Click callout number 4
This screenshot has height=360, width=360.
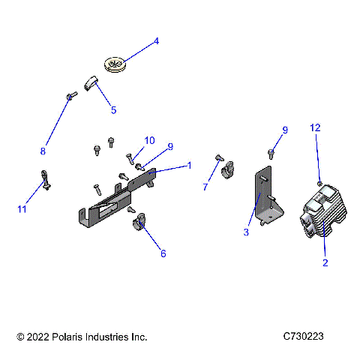[x=157, y=42]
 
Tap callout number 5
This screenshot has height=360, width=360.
[x=113, y=110]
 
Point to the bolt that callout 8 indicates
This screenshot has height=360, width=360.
[x=71, y=96]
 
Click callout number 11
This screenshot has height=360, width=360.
[x=22, y=209]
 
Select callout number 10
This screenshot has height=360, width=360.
[x=150, y=140]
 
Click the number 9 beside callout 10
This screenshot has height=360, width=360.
[x=170, y=146]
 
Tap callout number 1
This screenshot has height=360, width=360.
[x=189, y=165]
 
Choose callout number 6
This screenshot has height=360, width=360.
[x=163, y=253]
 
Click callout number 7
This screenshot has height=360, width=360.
[x=205, y=187]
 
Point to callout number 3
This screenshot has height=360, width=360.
[x=245, y=233]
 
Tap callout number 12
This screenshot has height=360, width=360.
[x=316, y=128]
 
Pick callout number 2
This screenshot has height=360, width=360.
[x=325, y=262]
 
